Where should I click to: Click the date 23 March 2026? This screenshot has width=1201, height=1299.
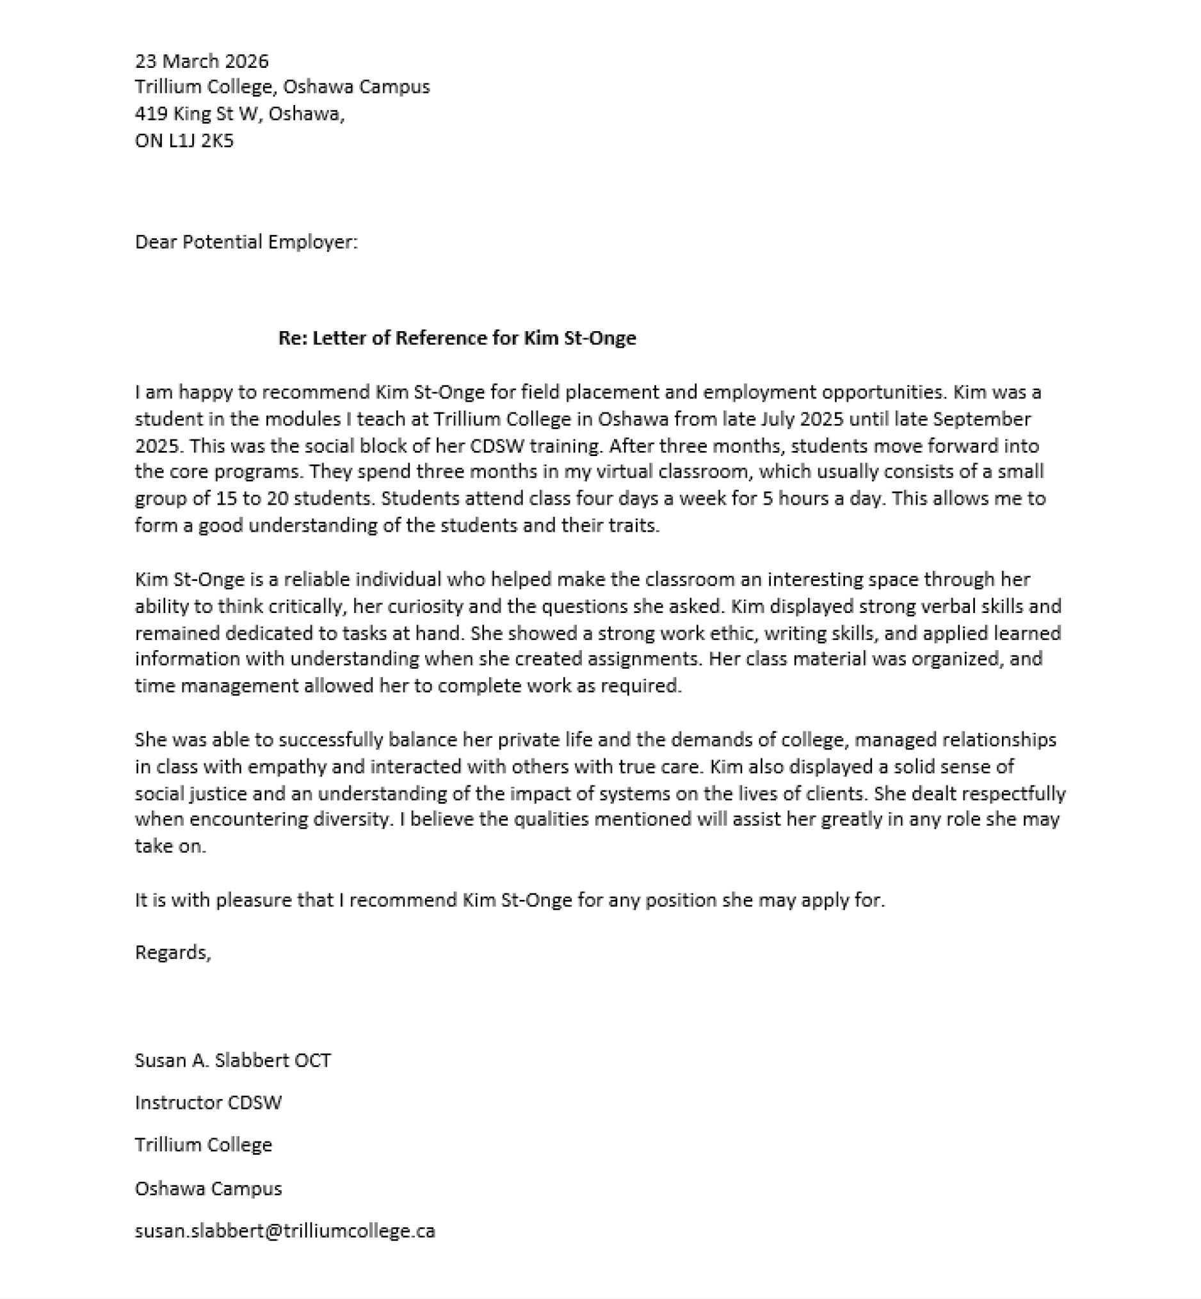[x=202, y=61]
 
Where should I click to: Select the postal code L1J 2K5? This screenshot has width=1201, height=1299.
[x=201, y=140]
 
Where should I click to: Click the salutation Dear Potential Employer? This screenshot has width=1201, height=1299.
[x=246, y=242]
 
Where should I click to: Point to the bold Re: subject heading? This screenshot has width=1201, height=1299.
[x=457, y=338]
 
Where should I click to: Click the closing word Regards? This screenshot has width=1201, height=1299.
[x=172, y=952]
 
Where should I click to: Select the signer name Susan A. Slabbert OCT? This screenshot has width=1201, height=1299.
[x=232, y=1060]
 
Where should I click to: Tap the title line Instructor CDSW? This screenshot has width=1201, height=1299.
[x=208, y=1102]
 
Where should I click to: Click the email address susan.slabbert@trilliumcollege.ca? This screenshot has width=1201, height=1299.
[x=285, y=1230]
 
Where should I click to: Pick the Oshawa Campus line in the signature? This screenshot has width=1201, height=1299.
[x=208, y=1188]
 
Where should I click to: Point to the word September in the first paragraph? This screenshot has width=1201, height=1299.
[x=982, y=419]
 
